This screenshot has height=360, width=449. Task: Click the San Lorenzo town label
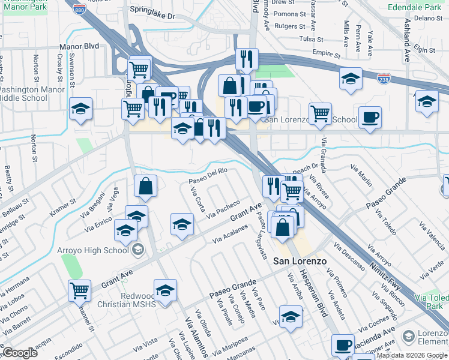pyautogui.click(x=300, y=261)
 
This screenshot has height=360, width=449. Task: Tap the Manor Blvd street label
pyautogui.click(x=79, y=46)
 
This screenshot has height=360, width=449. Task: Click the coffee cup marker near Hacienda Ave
pyautogui.click(x=343, y=345)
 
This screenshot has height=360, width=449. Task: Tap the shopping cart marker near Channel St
pyautogui.click(x=79, y=290)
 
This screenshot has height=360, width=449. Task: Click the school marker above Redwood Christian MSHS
pyautogui.click(x=165, y=290)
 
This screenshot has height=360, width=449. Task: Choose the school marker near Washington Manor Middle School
pyautogui.click(x=81, y=109)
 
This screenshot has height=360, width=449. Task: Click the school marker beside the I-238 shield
pyautogui.click(x=351, y=79)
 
